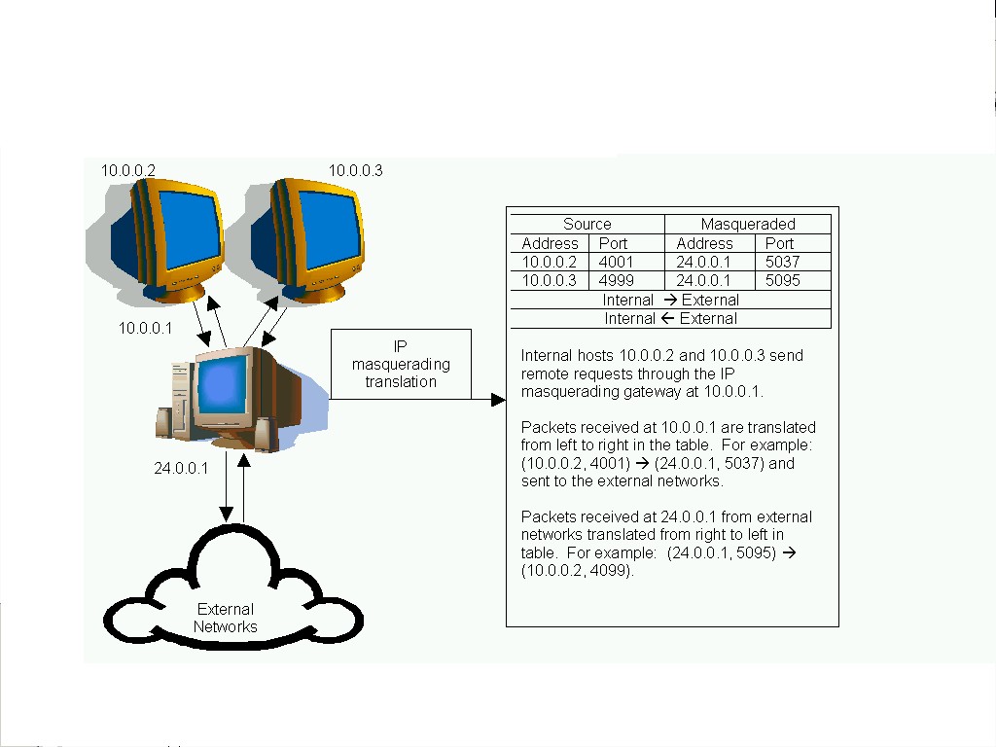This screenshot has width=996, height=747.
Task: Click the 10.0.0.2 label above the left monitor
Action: pyautogui.click(x=128, y=170)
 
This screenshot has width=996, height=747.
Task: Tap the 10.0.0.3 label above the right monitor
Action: pyautogui.click(x=355, y=170)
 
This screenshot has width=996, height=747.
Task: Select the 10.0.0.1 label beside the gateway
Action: pyautogui.click(x=145, y=328)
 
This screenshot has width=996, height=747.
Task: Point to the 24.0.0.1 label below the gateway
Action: pyautogui.click(x=181, y=468)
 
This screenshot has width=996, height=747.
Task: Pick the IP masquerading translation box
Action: pyautogui.click(x=401, y=365)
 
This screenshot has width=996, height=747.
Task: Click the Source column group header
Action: pyautogui.click(x=587, y=224)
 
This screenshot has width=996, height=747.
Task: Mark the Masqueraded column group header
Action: pyautogui.click(x=748, y=224)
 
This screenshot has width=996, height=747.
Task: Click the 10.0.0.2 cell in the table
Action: pyautogui.click(x=550, y=262)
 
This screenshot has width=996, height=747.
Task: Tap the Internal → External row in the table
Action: pyautogui.click(x=671, y=300)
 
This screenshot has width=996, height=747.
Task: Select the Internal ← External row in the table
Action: pyautogui.click(x=671, y=318)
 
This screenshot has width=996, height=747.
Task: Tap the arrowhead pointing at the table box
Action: pyautogui.click(x=499, y=400)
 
